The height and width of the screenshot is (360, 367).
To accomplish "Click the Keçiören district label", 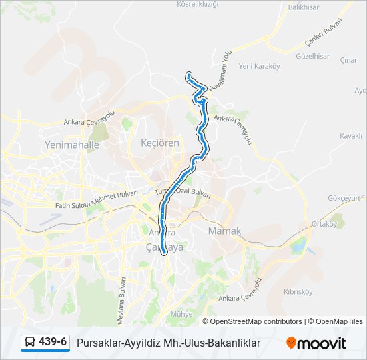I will point(160,143).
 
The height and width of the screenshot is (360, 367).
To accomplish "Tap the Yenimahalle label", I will point(71,145).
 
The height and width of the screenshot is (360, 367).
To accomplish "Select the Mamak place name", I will point(224,231).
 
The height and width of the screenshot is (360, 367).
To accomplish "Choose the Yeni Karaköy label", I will point(258,66).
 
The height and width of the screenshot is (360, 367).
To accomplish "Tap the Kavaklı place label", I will point(350,135).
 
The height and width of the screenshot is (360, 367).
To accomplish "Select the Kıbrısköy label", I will point(298,292).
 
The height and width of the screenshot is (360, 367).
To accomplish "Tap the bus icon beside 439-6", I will point(31,343).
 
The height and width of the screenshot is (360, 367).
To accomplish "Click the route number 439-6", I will point(53,343).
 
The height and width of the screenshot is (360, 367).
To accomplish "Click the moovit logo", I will point(316,343).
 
